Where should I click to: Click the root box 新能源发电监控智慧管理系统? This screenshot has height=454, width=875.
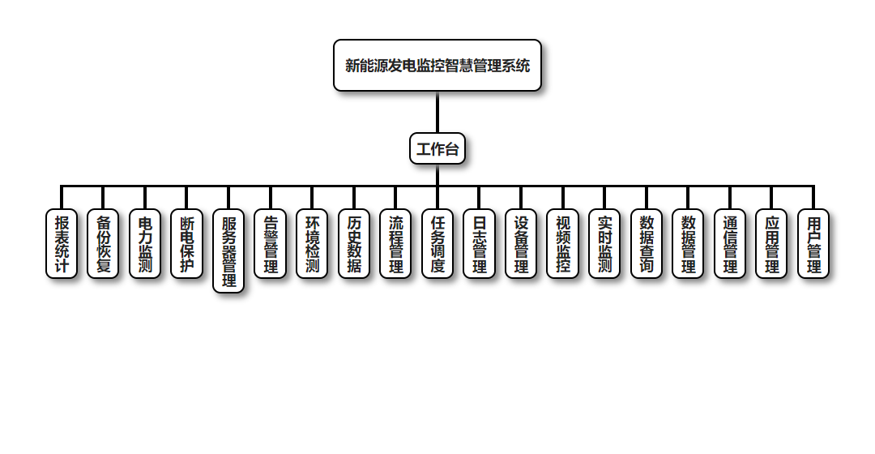[437, 66]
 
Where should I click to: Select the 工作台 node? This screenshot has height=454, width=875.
[437, 148]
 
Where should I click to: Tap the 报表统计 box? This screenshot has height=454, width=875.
[62, 244]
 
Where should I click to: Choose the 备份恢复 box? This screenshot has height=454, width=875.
[103, 244]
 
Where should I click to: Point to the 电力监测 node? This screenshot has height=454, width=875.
[145, 244]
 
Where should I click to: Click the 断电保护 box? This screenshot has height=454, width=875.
[186, 244]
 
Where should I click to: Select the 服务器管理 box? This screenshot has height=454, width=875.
[228, 251]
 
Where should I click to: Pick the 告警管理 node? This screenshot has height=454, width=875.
[271, 244]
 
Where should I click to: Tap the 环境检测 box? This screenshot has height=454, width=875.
[312, 244]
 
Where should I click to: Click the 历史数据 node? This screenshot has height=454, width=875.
[354, 244]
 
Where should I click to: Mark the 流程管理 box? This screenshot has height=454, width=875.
[395, 244]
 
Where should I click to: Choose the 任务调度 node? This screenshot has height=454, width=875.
[437, 244]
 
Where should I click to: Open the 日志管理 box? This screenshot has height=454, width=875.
[480, 244]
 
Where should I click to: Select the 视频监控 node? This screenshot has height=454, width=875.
[563, 244]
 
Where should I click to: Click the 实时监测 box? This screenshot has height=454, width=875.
[604, 244]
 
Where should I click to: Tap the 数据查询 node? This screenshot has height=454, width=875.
[647, 244]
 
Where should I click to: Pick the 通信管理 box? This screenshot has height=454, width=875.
[730, 244]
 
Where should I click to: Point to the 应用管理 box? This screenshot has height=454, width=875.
[772, 244]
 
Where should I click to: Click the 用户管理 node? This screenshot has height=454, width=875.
[813, 244]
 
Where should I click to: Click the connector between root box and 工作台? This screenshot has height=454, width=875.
[437, 112]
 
